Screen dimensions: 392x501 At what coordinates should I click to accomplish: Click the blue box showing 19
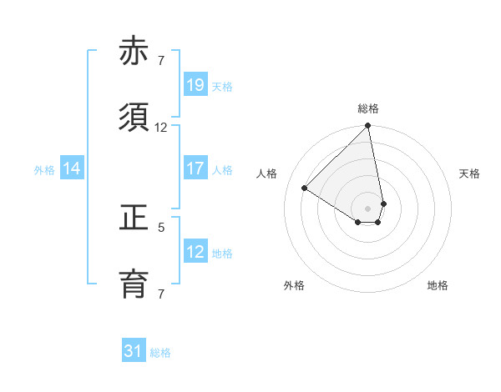[x=195, y=85]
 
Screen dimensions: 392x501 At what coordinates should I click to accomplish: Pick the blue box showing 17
[x=195, y=168]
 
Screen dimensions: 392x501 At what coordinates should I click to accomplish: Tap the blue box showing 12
[x=195, y=252]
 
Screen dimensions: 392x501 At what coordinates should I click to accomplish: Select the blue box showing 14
[x=72, y=168]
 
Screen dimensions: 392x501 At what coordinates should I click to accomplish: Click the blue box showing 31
[x=134, y=351]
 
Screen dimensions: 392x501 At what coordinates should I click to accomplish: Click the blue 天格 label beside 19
[x=222, y=86]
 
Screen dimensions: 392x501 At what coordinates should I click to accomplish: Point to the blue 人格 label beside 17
[x=222, y=169]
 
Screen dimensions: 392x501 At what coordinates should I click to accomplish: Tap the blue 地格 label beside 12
[x=222, y=253]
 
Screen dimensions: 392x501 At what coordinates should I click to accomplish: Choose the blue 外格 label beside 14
[x=44, y=169]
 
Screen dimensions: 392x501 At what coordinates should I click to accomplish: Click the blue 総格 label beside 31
[x=160, y=353]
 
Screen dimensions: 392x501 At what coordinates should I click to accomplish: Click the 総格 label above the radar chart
[x=368, y=108]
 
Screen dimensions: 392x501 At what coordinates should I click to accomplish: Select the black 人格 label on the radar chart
[x=267, y=173]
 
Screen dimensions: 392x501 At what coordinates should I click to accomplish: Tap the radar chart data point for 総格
[x=368, y=127]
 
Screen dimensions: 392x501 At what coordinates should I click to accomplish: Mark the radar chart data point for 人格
[x=305, y=188]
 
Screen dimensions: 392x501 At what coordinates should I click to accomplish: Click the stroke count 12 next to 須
[x=161, y=128]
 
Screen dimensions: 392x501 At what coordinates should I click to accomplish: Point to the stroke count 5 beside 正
[x=161, y=227]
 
